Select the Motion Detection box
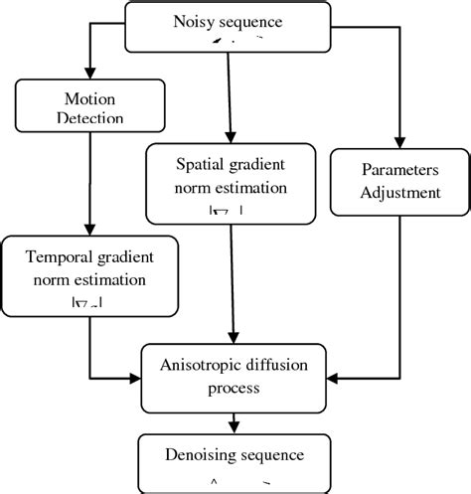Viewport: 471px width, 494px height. (88, 108)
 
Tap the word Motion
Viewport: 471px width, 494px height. (89, 99)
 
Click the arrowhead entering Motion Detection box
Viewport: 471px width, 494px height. (89, 75)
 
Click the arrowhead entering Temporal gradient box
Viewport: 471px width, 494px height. (88, 229)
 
